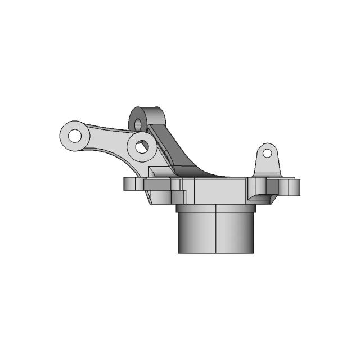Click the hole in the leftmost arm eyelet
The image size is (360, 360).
tap(74, 135)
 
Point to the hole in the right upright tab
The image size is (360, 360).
tap(268, 152)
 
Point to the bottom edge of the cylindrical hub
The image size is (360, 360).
tap(217, 252)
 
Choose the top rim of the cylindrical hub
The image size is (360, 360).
tap(217, 208)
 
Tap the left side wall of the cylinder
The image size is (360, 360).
tap(183, 231)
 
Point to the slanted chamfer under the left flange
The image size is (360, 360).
tap(150, 197)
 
